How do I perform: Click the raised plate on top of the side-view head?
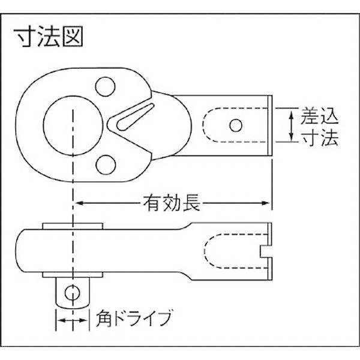[74, 226]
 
